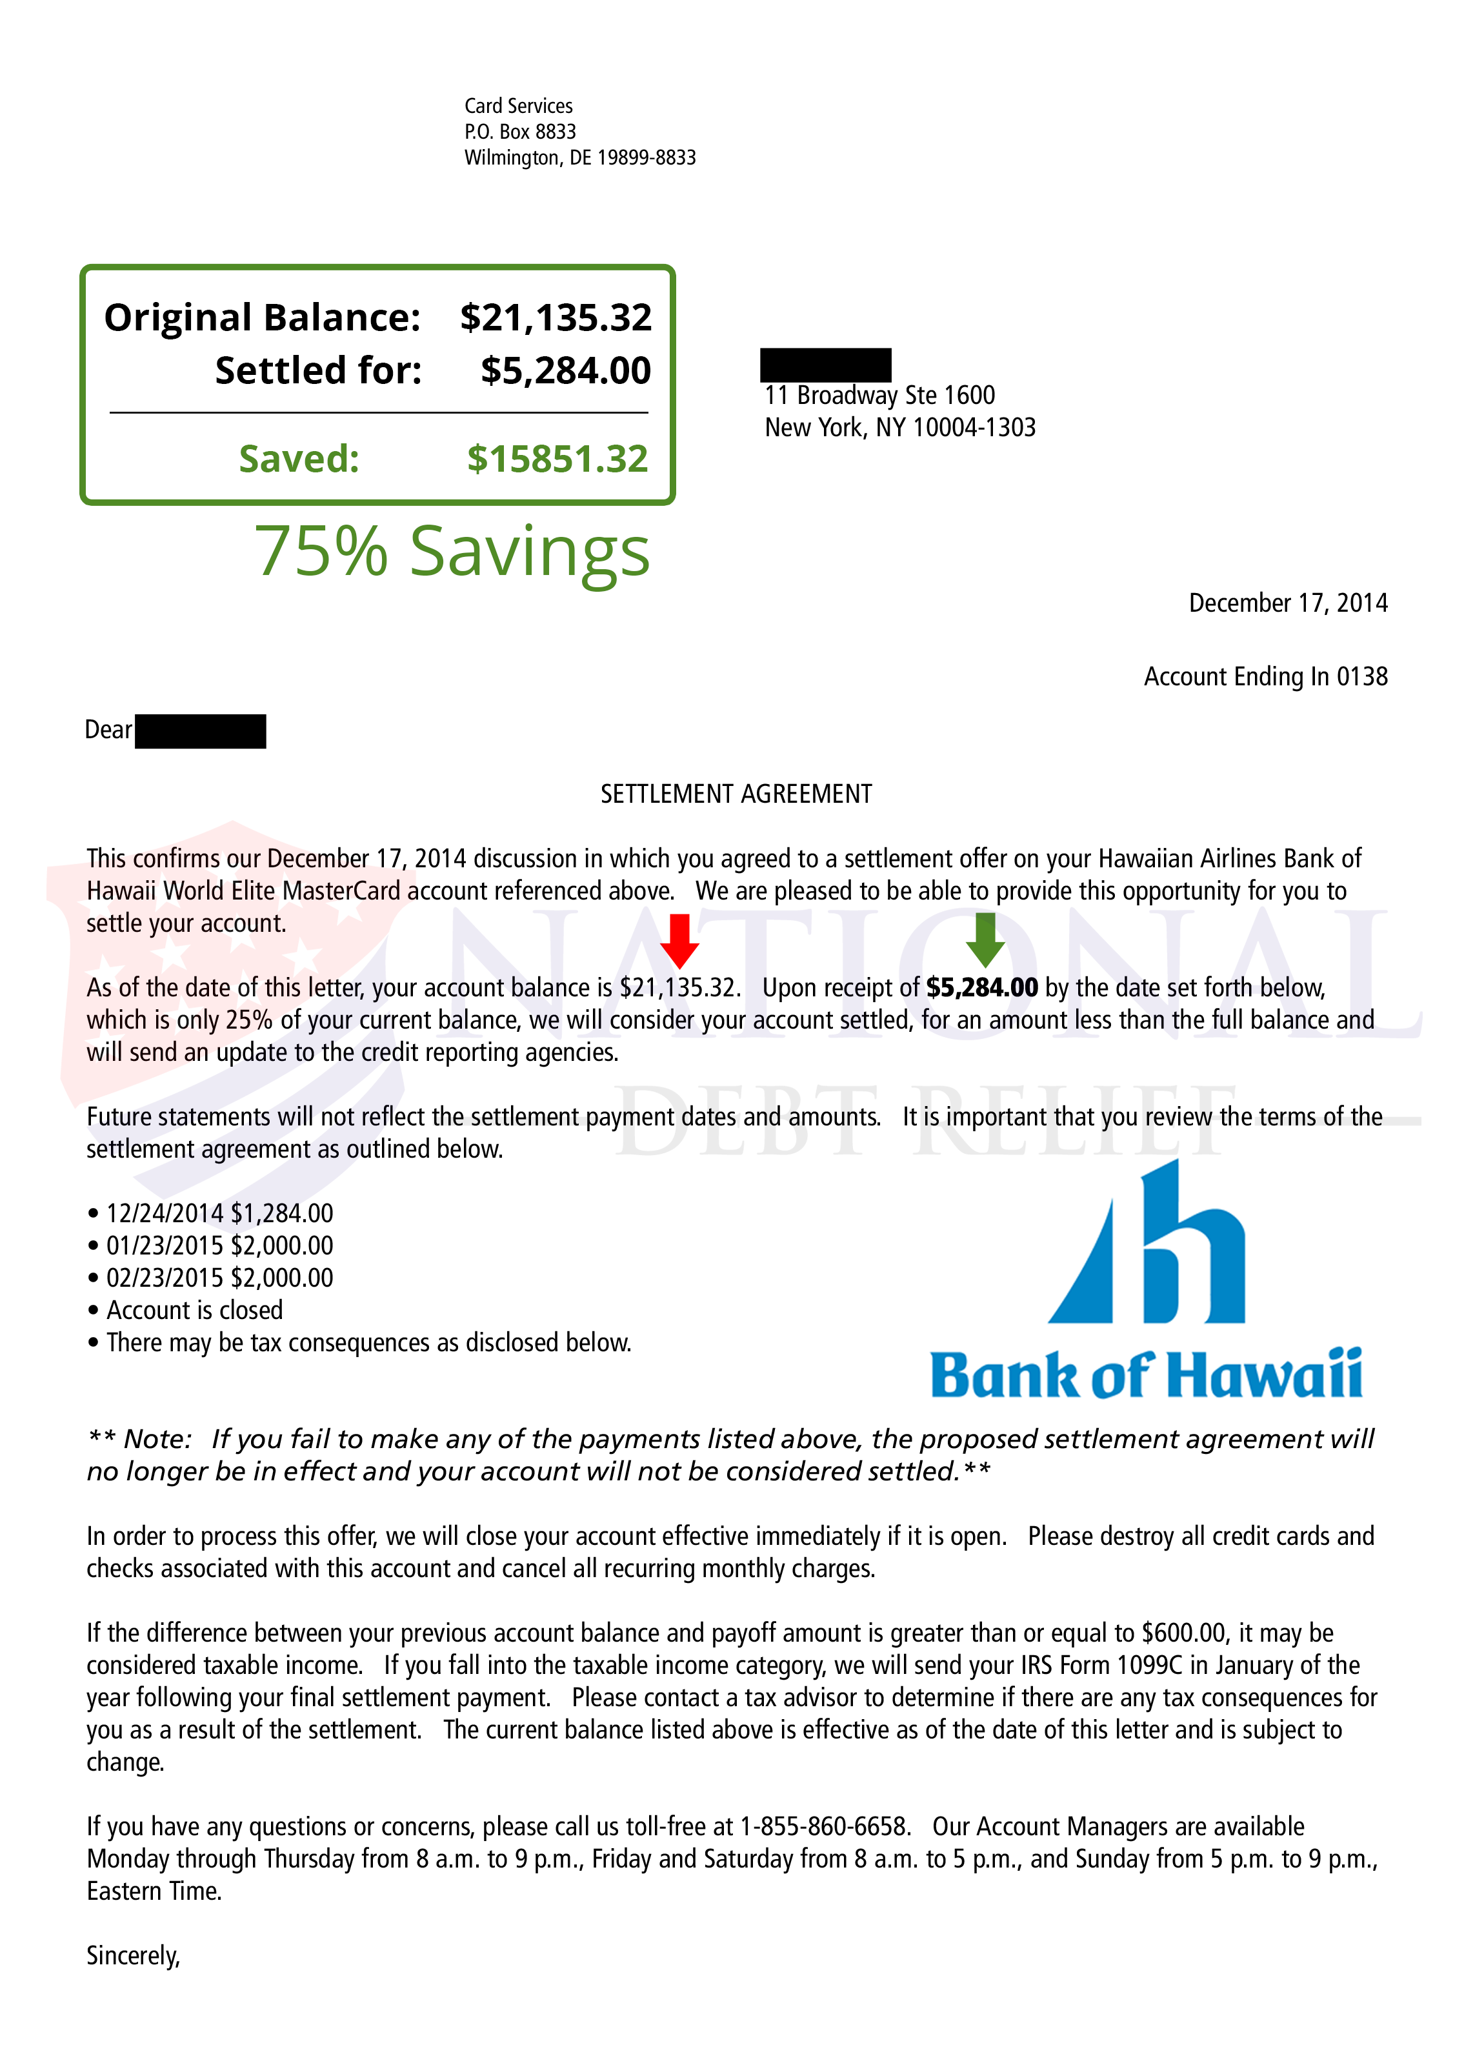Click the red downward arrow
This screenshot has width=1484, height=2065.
click(x=679, y=940)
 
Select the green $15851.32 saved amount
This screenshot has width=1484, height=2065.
click(x=557, y=459)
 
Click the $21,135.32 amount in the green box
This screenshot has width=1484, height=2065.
click(x=556, y=317)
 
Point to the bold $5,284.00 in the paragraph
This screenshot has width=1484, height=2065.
click(x=981, y=988)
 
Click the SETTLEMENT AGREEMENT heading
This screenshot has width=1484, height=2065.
click(x=736, y=794)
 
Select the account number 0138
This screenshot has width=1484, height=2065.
click(x=1362, y=676)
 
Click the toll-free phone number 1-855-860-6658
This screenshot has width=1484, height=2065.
click(x=824, y=1826)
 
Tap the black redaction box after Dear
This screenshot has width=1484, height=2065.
click(x=200, y=731)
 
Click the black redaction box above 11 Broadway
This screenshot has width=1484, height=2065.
click(x=825, y=364)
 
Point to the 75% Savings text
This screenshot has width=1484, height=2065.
click(x=452, y=552)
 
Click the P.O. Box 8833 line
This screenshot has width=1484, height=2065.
click(x=520, y=132)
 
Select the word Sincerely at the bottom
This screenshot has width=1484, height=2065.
click(x=133, y=1956)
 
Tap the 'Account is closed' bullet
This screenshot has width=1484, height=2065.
click(x=194, y=1310)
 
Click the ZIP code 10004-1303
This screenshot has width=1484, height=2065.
click(x=973, y=427)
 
